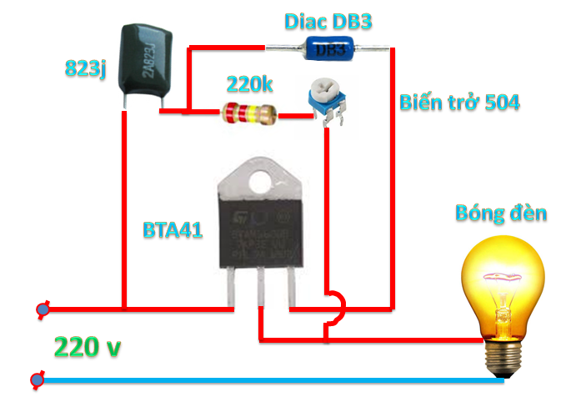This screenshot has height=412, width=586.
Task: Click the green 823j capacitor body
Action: point(145,60)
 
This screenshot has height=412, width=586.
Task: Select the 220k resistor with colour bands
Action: point(248,113)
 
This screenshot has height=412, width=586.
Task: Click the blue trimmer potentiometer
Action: point(324,98)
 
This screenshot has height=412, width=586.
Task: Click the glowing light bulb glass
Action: point(503,279)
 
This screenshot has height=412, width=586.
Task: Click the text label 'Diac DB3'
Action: point(328,20)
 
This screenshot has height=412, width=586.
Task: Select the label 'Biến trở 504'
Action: point(458,102)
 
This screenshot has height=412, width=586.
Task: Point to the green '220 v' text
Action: point(88,346)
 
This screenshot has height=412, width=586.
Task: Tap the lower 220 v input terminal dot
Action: point(38,380)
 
